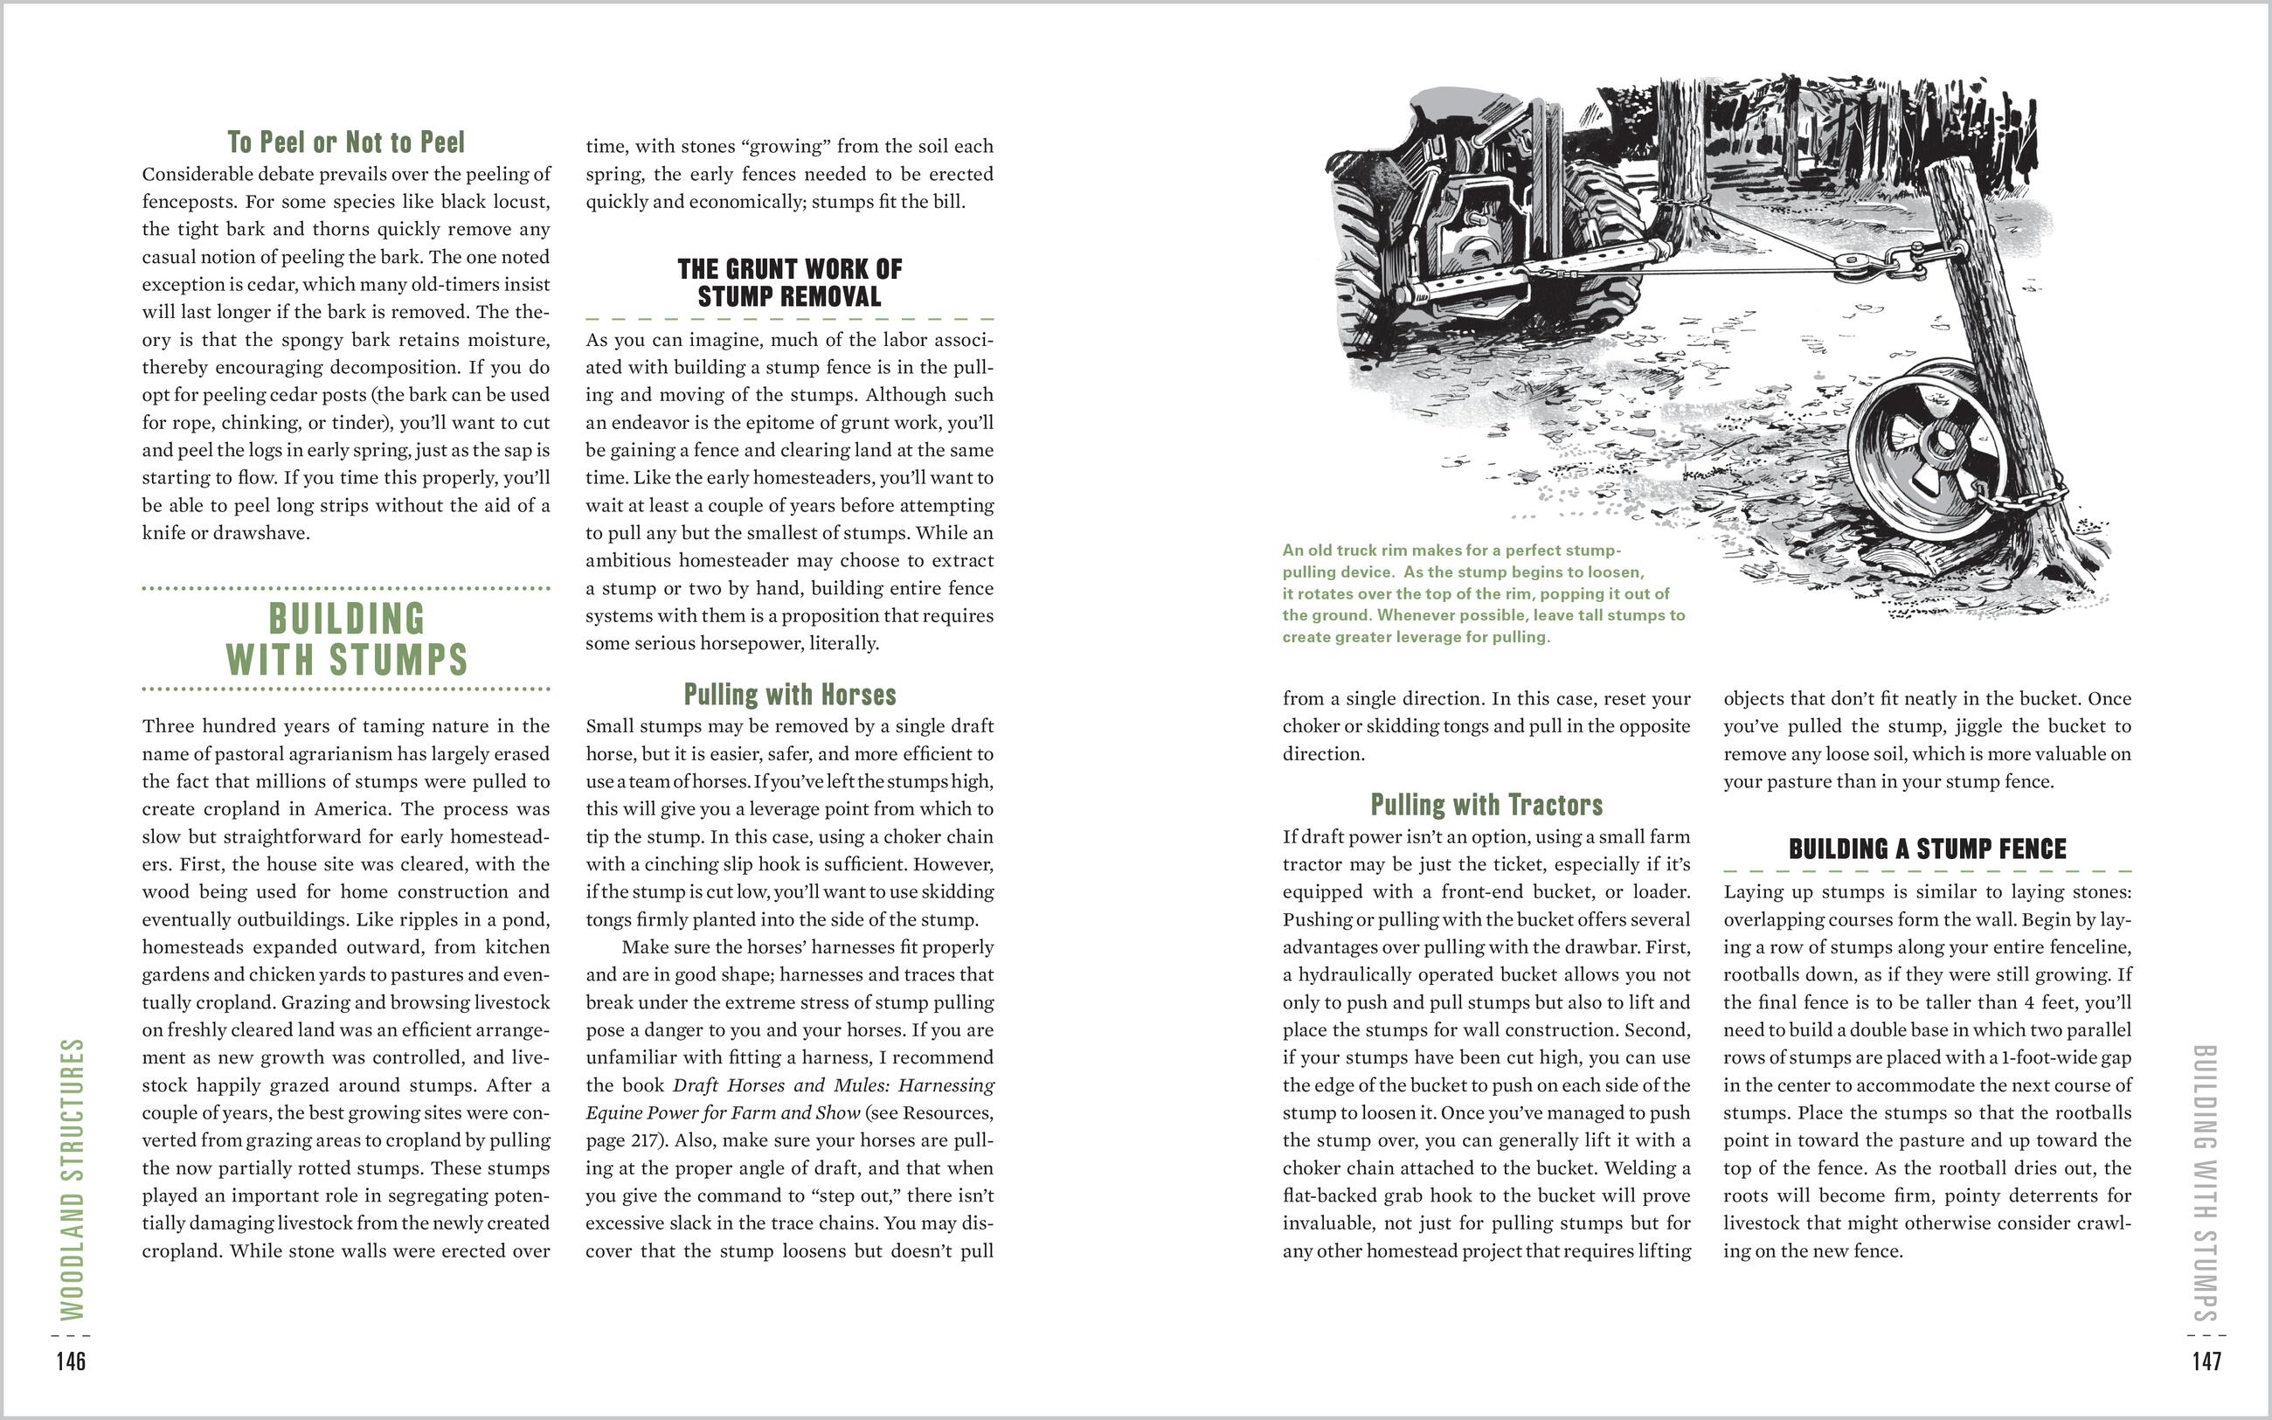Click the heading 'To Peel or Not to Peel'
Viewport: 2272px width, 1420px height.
tap(345, 142)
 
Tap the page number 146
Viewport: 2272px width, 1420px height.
tap(71, 1361)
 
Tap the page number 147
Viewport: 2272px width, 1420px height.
tap(2206, 1361)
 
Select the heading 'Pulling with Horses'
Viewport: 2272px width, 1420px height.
tap(790, 695)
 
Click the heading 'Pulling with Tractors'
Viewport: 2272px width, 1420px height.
tap(1486, 805)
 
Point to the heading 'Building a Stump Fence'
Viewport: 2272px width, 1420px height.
tap(1927, 849)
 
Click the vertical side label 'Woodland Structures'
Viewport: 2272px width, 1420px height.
tap(73, 1179)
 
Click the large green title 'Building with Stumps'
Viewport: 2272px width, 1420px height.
tap(346, 639)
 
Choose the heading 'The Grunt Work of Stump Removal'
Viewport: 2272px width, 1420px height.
tap(790, 282)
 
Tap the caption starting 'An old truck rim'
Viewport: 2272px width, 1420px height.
tap(1484, 593)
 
